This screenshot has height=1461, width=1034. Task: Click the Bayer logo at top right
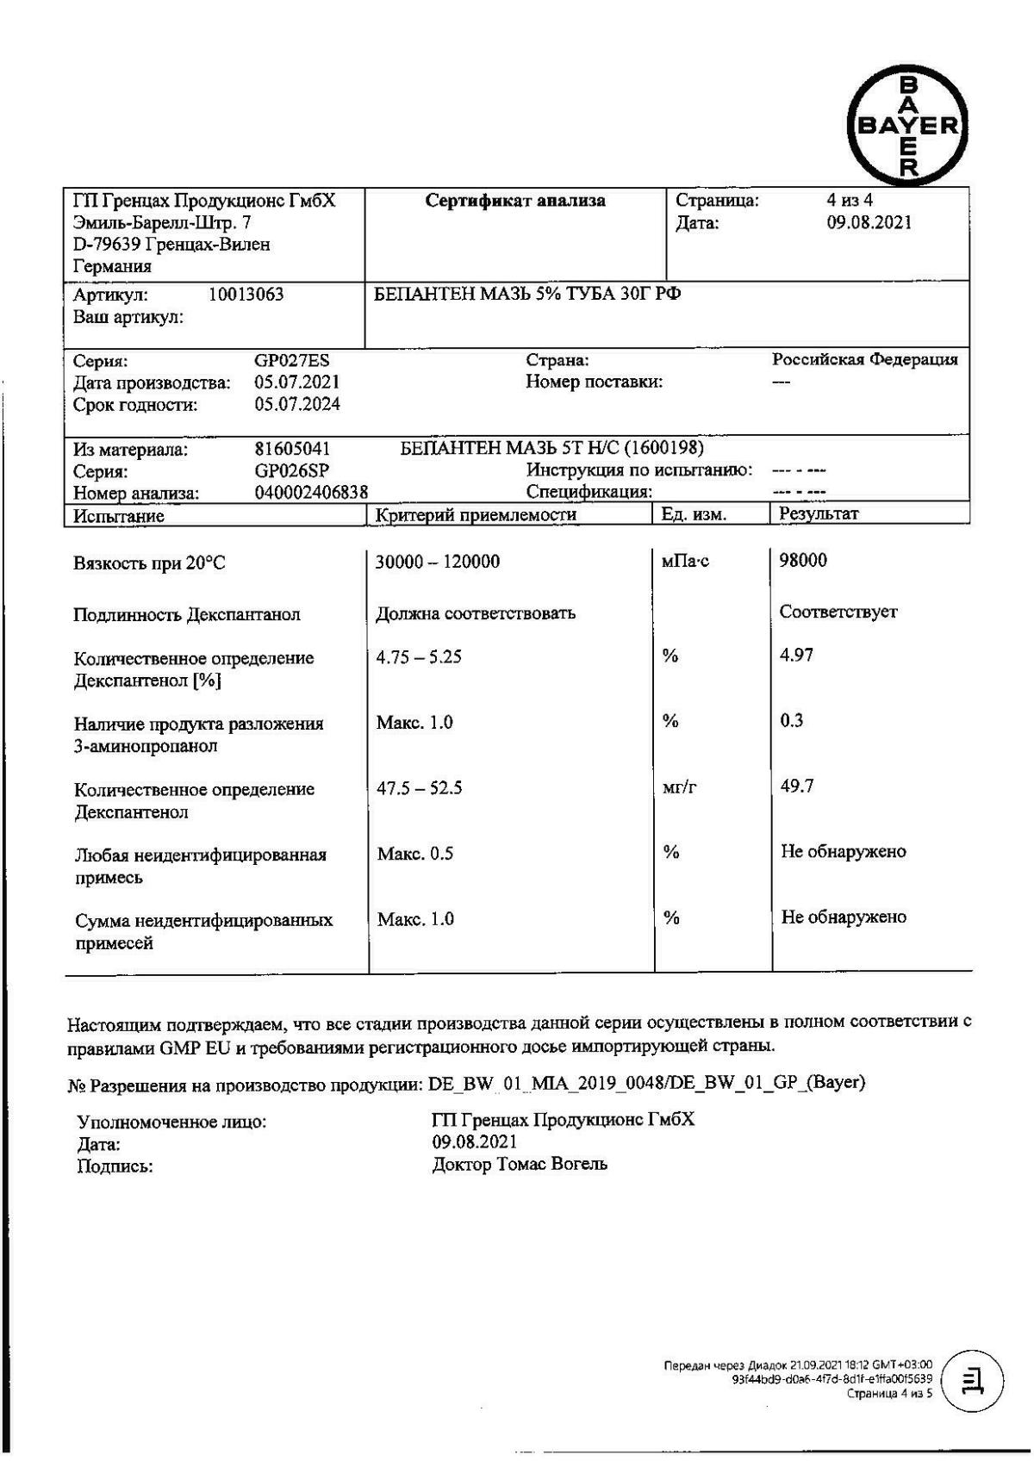pos(907,127)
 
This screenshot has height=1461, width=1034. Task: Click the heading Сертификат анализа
pos(515,202)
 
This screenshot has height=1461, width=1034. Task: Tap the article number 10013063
pos(246,295)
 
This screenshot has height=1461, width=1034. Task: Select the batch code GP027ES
pos(292,361)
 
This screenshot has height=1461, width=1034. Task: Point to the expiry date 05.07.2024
pos(297,404)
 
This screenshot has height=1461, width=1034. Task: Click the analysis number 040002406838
pos(312,493)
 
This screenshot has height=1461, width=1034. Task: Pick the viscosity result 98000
pos(803,561)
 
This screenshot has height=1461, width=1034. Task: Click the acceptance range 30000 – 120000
pos(438,562)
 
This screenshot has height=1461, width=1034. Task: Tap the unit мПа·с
pos(685,562)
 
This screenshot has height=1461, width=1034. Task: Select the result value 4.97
pos(796,656)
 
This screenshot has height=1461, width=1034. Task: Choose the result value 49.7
pos(797,786)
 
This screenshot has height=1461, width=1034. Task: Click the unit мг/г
pos(679,787)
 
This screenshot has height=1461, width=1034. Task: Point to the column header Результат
pos(819,514)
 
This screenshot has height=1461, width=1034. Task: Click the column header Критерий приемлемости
pos(476,515)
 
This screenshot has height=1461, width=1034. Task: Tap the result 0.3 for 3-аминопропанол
pos(792,721)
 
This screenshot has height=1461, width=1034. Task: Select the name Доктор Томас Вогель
pos(520,1165)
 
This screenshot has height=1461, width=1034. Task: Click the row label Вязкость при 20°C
pos(149,563)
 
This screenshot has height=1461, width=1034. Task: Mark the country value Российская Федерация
pos(864,360)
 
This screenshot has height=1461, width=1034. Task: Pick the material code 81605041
pos(292,449)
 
